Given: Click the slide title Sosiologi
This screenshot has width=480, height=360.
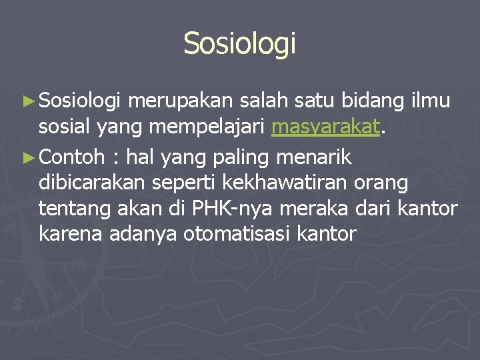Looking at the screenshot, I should tap(239, 43).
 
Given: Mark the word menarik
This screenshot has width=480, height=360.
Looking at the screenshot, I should tap(322, 158).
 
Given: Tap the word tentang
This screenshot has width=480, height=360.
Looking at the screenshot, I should tap(70, 209).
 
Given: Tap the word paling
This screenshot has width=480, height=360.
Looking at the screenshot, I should tap(246, 158).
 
